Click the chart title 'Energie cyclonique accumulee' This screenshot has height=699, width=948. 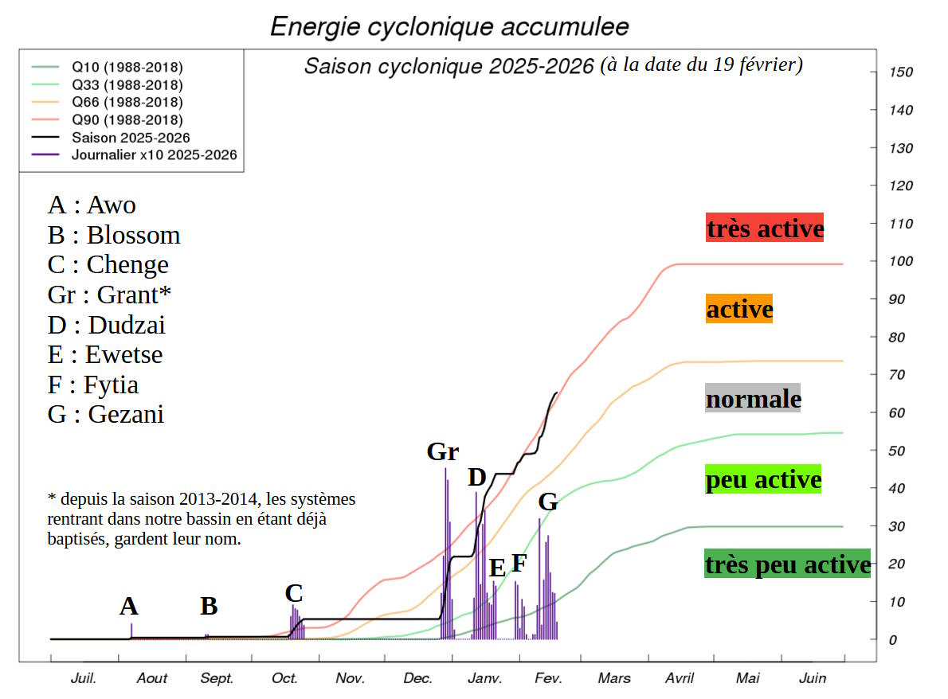449,26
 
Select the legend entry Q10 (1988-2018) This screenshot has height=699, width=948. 127,67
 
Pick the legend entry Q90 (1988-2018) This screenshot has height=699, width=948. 127,120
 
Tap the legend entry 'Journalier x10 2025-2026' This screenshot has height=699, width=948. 154,155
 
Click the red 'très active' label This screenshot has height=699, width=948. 765,228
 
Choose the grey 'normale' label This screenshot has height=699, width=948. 753,398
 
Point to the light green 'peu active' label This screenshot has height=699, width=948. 763,480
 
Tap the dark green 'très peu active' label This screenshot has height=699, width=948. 787,564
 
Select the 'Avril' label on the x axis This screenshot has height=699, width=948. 679,678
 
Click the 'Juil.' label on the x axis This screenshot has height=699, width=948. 84,678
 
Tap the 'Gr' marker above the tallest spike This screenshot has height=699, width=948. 443,452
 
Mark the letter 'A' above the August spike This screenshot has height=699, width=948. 129,607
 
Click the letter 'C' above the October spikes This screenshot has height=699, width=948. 293,593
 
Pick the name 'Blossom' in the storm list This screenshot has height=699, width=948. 133,235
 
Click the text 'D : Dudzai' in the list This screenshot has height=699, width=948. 107,325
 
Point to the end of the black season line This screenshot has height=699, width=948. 556,392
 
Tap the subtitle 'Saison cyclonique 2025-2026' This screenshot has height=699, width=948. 449,66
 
